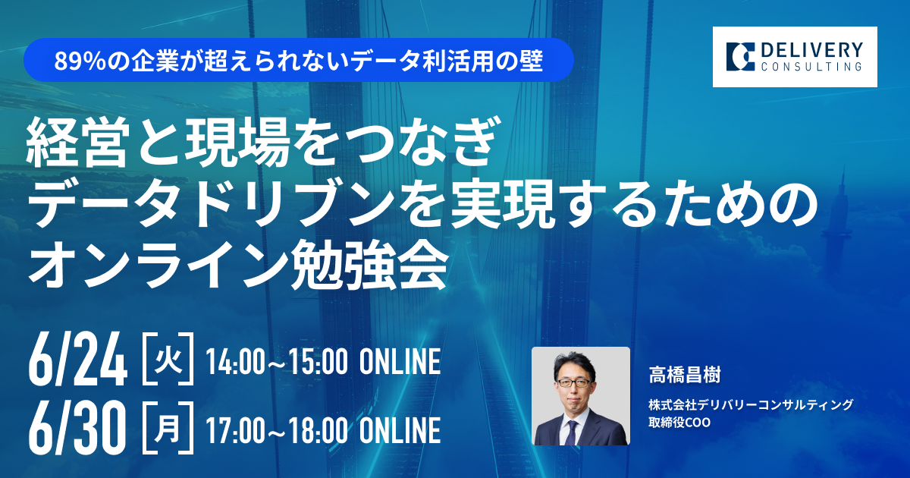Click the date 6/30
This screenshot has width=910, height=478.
(77, 428)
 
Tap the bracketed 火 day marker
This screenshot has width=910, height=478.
(168, 359)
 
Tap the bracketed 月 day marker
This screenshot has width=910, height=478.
(168, 428)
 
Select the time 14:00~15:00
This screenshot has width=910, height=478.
(277, 361)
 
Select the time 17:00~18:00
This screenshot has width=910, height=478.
(277, 430)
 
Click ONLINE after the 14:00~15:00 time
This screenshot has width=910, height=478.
(400, 361)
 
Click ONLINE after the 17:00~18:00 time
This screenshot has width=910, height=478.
(400, 430)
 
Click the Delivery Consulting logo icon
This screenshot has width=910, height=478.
(740, 56)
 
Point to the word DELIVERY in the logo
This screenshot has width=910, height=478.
(811, 51)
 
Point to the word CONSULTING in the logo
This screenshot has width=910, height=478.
(811, 67)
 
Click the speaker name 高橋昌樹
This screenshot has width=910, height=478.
(685, 375)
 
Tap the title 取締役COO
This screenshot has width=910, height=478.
(679, 423)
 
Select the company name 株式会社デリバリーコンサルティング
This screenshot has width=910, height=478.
(751, 404)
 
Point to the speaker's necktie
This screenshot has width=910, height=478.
(571, 432)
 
